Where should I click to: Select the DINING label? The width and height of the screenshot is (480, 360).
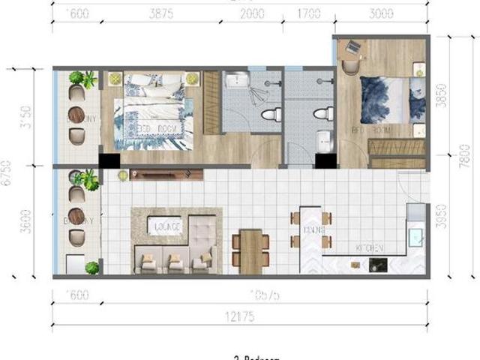(x=313, y=230)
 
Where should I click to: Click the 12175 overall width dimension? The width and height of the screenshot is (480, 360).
(x=238, y=317)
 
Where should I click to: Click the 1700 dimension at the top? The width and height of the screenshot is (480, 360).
(x=308, y=13)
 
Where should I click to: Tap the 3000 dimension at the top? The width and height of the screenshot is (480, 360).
(x=381, y=13)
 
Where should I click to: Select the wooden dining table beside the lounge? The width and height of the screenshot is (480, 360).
(x=252, y=250)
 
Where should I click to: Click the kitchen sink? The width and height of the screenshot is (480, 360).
(x=415, y=238)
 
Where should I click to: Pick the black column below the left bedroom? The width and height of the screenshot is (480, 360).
(x=109, y=162)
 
